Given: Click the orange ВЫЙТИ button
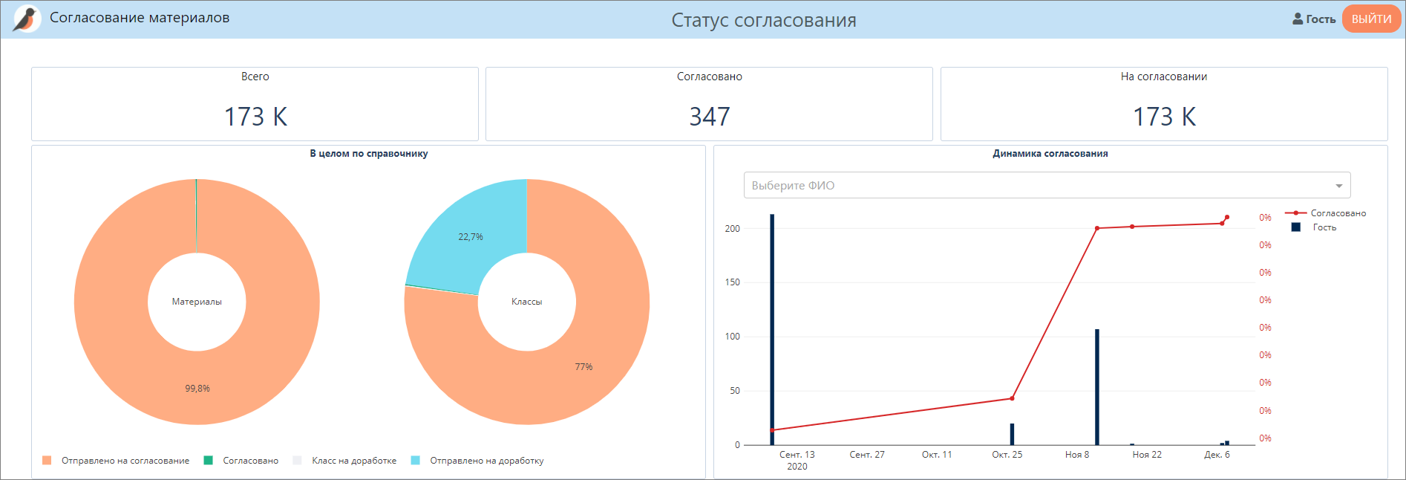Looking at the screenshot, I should click(1370, 19).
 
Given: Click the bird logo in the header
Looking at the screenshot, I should click(27, 19).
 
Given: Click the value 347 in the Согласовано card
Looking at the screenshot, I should click(709, 117).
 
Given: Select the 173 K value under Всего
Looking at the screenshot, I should click(255, 117).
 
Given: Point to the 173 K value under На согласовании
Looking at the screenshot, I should click(1164, 117).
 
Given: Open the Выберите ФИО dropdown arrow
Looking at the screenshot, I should click(1338, 186).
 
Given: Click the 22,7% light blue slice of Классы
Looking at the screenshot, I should click(471, 236).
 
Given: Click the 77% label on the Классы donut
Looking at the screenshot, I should click(583, 367).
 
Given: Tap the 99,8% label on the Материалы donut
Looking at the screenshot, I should click(197, 389).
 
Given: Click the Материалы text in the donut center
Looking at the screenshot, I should click(197, 302).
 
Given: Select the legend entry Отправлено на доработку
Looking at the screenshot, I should click(486, 461).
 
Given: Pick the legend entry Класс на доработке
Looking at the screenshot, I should click(353, 461).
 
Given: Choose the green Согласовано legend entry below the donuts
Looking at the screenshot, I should click(250, 461).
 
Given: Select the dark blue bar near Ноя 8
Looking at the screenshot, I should click(1096, 386).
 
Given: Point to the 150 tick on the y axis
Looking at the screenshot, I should click(733, 282).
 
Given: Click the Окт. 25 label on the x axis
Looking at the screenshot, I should click(1007, 455).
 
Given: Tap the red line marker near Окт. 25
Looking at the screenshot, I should click(1012, 398).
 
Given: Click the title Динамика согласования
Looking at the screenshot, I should click(1050, 154).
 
